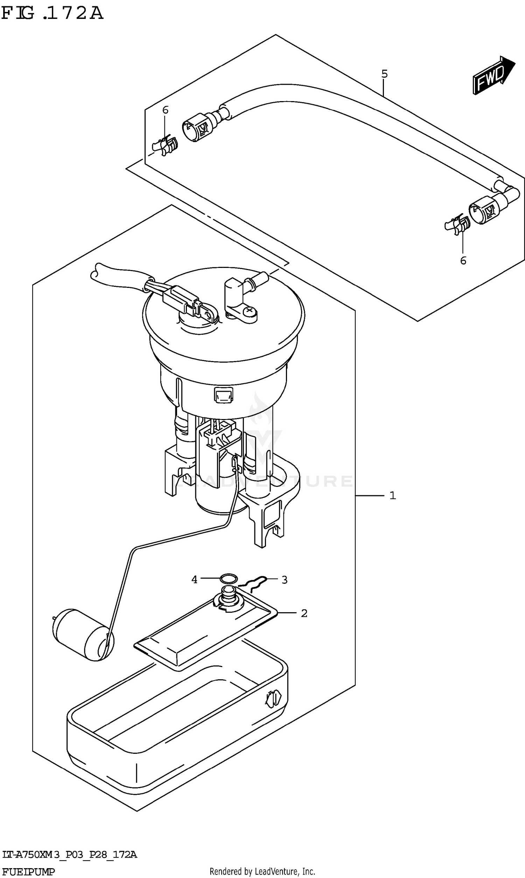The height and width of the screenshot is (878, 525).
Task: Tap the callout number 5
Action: (385, 74)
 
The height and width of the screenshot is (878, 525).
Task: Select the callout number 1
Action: (392, 496)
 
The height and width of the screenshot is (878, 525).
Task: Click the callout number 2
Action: (304, 613)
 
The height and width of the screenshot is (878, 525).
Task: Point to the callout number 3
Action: (285, 580)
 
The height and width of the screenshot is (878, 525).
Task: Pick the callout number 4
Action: (194, 580)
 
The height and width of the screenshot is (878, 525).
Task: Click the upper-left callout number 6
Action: (165, 110)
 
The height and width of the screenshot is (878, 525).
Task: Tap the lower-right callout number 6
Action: (463, 261)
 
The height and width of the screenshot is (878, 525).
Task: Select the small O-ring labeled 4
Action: (229, 579)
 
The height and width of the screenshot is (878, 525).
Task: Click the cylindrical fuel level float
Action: (84, 635)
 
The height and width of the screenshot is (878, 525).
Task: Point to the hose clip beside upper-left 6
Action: (165, 145)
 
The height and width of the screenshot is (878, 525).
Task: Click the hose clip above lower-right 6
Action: (457, 224)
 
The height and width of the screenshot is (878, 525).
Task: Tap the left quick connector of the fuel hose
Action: (197, 127)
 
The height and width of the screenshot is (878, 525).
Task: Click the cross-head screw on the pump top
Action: (250, 310)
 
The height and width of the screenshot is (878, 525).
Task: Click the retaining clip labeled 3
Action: (253, 583)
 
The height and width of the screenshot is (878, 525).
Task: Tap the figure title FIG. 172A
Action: (52, 13)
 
